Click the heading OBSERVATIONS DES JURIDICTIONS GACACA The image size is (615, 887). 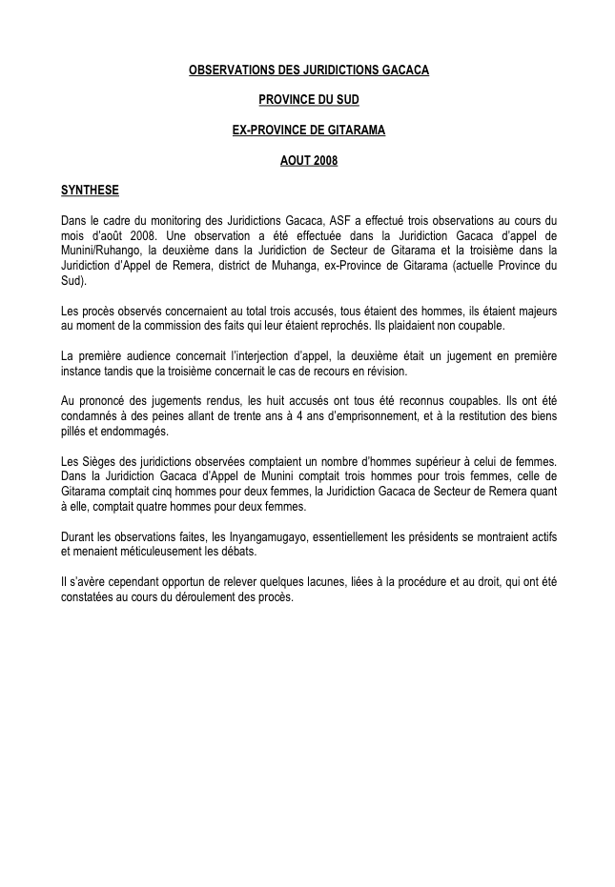308,71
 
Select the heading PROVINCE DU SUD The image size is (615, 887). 308,100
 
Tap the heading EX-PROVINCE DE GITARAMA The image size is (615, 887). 308,130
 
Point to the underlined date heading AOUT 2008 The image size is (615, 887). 308,160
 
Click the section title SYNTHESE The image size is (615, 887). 90,190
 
